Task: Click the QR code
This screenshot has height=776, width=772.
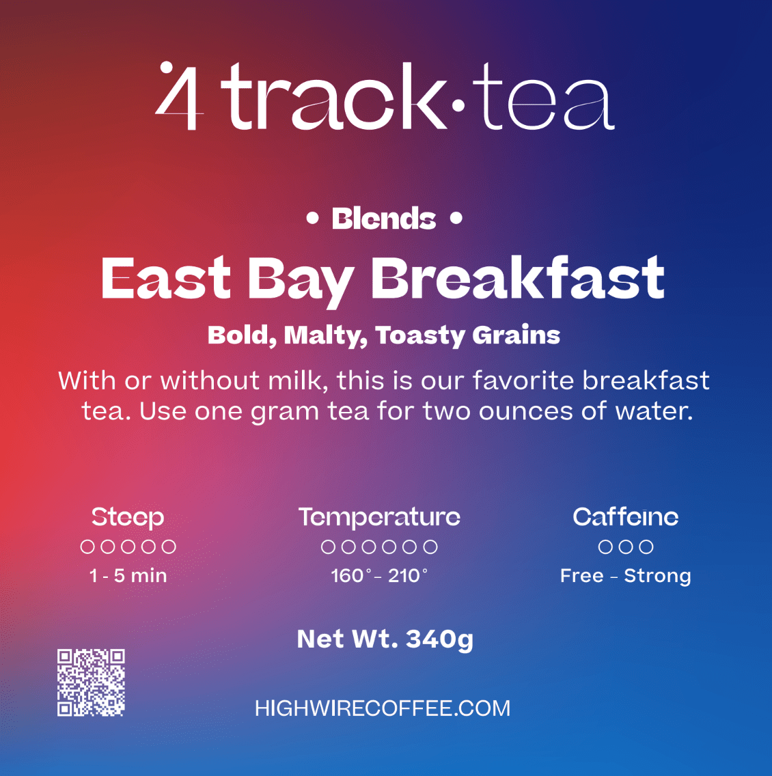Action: pyautogui.click(x=91, y=682)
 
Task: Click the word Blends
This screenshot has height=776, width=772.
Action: pyautogui.click(x=384, y=219)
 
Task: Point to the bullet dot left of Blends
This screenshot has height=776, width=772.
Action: pyautogui.click(x=313, y=219)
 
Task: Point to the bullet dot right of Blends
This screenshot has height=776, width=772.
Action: pyautogui.click(x=456, y=219)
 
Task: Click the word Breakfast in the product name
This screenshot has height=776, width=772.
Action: pyautogui.click(x=517, y=279)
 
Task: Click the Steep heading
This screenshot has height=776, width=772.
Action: pyautogui.click(x=128, y=517)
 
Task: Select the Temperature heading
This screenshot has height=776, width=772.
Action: pyautogui.click(x=379, y=517)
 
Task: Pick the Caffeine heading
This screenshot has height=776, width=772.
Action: pyautogui.click(x=626, y=517)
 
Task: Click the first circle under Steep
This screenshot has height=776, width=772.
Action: pyautogui.click(x=87, y=546)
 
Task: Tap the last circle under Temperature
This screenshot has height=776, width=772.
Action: pyautogui.click(x=430, y=546)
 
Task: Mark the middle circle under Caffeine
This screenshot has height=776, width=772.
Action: pyautogui.click(x=626, y=546)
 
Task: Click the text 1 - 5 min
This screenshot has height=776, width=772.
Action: pyautogui.click(x=128, y=576)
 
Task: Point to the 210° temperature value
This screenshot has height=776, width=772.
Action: pyautogui.click(x=408, y=576)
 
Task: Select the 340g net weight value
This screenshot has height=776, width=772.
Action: pyautogui.click(x=439, y=639)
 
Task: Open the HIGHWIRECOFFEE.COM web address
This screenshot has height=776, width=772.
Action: pyautogui.click(x=383, y=708)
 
